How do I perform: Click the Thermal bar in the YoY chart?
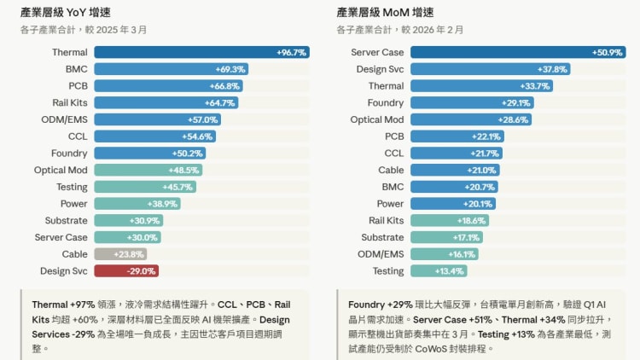(201, 52)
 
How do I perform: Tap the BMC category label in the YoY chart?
(76, 69)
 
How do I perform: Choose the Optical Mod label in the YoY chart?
(61, 170)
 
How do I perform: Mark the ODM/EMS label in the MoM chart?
(381, 253)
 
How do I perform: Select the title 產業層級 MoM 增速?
(385, 12)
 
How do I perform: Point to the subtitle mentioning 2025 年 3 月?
(84, 29)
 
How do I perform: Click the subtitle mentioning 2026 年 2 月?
(400, 29)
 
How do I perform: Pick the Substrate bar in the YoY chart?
(128, 220)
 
